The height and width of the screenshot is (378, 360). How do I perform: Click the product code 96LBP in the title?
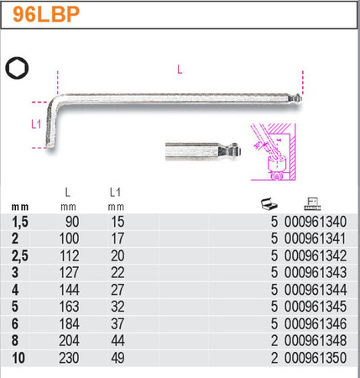click(46, 14)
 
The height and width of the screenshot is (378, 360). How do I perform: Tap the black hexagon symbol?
click(17, 68)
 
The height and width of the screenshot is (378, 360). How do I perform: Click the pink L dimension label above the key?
click(180, 69)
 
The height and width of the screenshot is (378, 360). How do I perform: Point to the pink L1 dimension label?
click(36, 124)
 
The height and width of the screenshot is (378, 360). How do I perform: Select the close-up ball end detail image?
click(203, 151)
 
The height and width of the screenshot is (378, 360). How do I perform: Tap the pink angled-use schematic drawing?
click(274, 151)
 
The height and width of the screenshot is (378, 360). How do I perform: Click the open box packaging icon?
click(269, 203)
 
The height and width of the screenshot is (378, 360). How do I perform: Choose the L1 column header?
click(115, 192)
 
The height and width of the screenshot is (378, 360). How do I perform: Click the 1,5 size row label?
click(20, 222)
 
